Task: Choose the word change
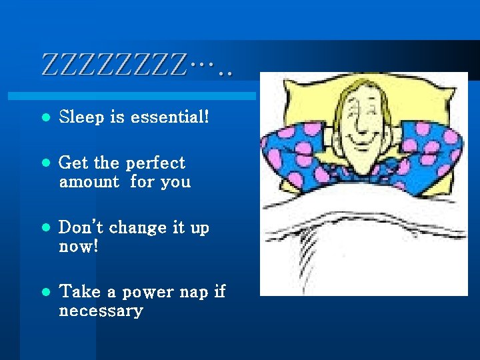pos(138,227)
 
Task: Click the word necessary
pos(101,311)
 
